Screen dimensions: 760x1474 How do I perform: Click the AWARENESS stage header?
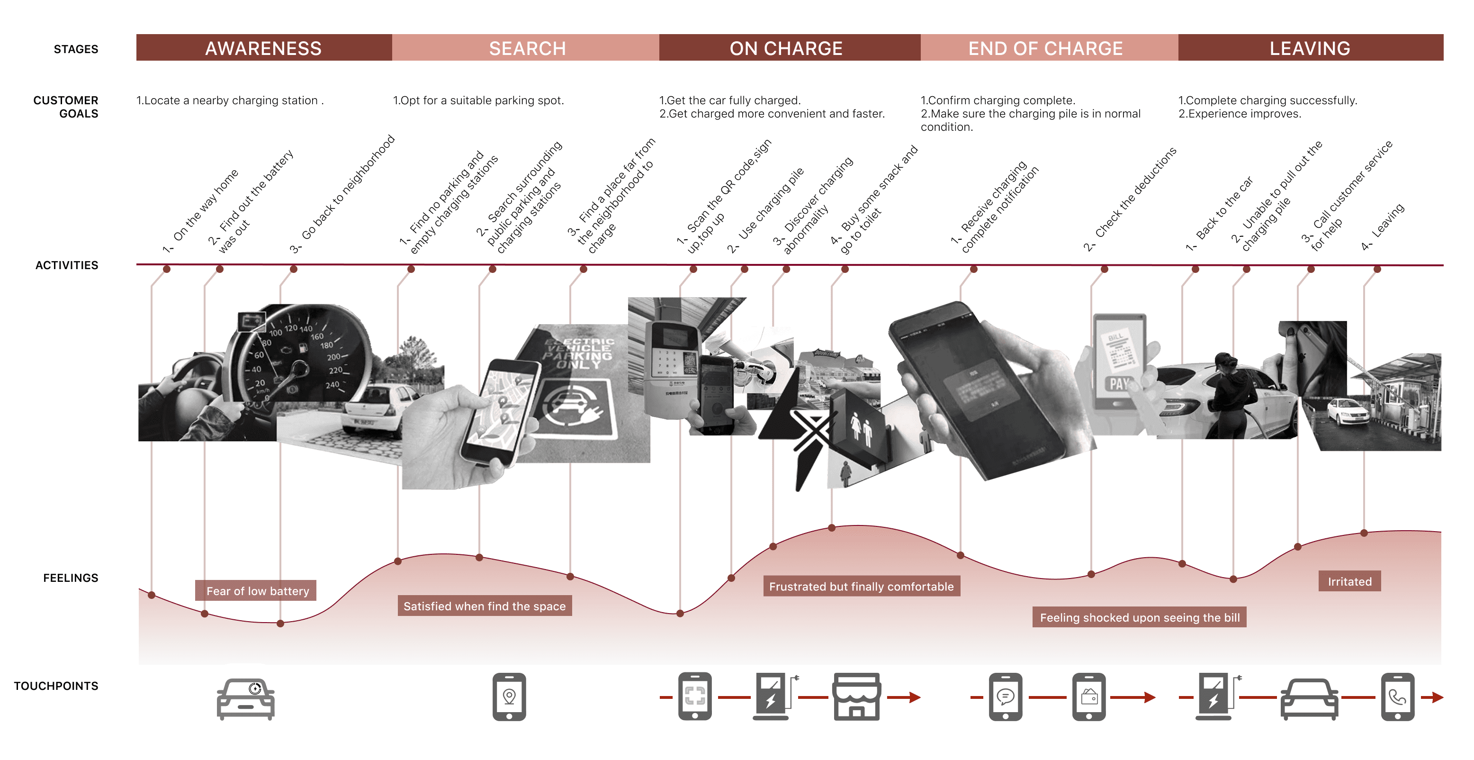pos(263,48)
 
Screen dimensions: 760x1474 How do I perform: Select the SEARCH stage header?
pos(526,48)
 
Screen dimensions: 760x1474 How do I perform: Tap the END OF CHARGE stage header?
pos(1045,48)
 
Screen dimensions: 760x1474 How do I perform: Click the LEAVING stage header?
pos(1309,48)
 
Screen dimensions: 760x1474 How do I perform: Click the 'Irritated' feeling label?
pos(1349,581)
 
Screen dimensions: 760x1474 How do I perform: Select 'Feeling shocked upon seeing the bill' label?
pos(1139,617)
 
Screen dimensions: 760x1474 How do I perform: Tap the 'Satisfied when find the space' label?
pos(484,606)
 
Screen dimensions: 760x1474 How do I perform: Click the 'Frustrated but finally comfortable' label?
pos(861,587)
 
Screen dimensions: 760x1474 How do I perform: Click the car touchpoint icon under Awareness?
pos(245,698)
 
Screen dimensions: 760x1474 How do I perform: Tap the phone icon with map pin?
pos(509,697)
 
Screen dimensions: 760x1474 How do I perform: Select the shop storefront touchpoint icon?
pos(856,697)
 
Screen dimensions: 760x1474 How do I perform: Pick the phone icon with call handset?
pos(1397,697)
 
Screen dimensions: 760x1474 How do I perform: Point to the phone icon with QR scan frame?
pos(695,697)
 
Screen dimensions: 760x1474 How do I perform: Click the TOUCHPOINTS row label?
pos(56,686)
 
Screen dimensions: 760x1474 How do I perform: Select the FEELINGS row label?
pos(71,578)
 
